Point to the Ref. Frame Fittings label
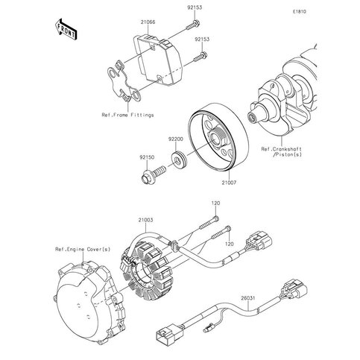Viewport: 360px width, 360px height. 129,116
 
